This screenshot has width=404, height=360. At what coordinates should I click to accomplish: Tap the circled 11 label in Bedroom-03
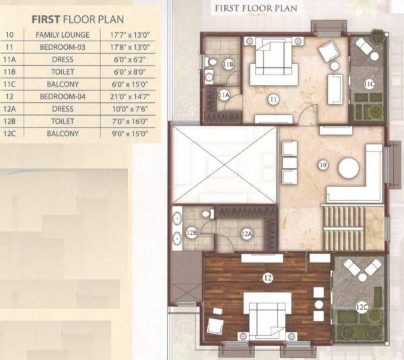coord(273,100)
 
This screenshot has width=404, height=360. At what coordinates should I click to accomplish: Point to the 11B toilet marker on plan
coord(228,65)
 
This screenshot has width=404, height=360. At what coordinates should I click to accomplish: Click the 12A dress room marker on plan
coord(247,233)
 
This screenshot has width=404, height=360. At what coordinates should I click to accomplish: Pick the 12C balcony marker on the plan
coord(362,308)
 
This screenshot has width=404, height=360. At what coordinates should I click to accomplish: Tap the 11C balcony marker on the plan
coord(369,84)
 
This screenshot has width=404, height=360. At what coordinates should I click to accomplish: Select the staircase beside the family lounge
coord(343,229)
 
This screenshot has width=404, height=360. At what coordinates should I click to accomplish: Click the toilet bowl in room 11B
coord(212,63)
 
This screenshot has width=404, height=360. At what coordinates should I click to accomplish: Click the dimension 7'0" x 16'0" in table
coord(130,122)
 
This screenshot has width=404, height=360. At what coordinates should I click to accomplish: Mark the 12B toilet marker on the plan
coord(192,233)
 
